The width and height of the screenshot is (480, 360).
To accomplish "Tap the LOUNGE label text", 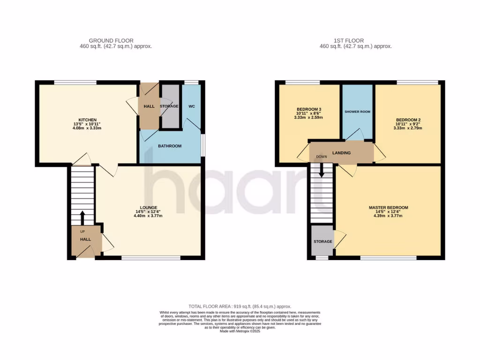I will click(148, 207).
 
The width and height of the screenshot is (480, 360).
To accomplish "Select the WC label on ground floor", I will click(192, 106).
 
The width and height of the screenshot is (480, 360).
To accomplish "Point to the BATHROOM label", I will click(169, 146).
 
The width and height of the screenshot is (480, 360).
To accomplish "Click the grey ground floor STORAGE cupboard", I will click(169, 106).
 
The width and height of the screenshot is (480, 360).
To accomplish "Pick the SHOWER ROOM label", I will click(358, 112).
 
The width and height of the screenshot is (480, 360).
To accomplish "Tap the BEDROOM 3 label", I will click(308, 109).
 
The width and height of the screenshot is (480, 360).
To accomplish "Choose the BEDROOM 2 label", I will click(405, 120).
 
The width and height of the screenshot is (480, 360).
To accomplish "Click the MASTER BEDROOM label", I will click(388, 208).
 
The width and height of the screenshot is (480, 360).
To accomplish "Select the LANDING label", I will click(341, 153).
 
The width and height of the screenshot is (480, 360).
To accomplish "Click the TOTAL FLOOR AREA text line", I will click(240, 306).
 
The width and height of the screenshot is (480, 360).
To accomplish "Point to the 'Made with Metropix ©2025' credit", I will click(240, 331).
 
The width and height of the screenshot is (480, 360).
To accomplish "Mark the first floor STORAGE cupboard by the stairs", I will click(322, 241).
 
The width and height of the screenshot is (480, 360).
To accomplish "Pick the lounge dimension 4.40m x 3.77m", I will click(148, 216).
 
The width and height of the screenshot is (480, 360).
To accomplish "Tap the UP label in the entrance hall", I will click(82, 232).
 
